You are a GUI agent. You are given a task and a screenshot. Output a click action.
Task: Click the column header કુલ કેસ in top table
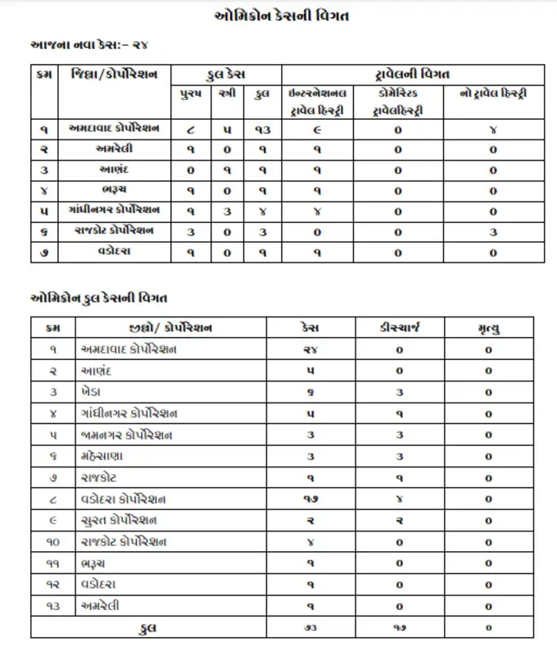[x=222, y=75]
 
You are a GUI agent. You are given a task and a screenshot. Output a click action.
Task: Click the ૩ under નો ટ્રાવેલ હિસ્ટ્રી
[x=493, y=232]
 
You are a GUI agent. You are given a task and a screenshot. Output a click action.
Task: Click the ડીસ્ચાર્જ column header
[x=399, y=328]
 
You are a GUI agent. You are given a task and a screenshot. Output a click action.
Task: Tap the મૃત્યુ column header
[x=488, y=328]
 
